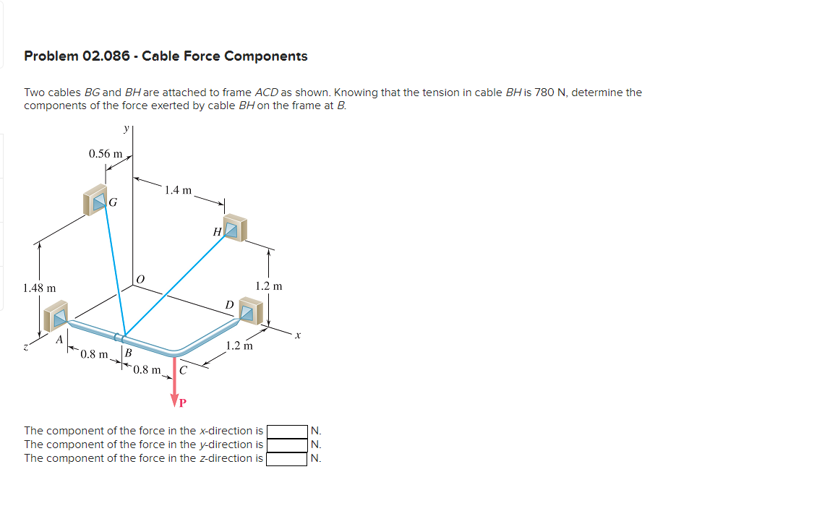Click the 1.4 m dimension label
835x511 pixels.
coord(178,191)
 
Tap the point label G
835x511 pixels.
coord(114,203)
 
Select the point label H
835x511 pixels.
coord(217,232)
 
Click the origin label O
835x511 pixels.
coord(140,278)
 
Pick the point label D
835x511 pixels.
coord(229,305)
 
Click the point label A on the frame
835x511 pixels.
coord(61,338)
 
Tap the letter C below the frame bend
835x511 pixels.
coord(183,372)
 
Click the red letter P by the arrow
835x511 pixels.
coord(183,402)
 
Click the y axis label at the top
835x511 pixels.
coord(127,129)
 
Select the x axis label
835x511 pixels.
coord(296,335)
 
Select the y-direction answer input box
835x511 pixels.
coord(287,445)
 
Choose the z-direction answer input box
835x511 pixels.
coord(287,458)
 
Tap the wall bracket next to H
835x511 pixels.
coord(235,228)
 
